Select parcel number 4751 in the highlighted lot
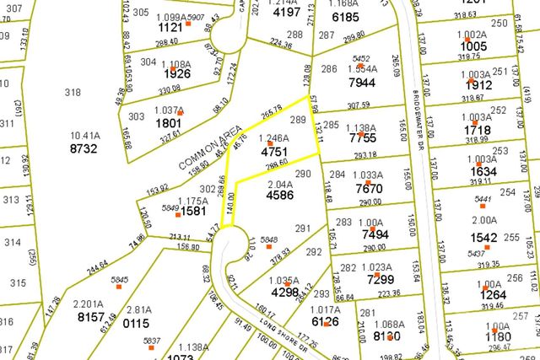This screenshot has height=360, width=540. pyautogui.click(x=275, y=153)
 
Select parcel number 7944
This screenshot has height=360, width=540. pyautogui.click(x=361, y=83)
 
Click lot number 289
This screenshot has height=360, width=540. pyautogui.click(x=297, y=121)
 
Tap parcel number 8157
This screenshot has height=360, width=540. pyautogui.click(x=90, y=317)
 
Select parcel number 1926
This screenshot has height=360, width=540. pyautogui.click(x=178, y=73)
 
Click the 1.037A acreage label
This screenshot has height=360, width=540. pyautogui.click(x=169, y=110)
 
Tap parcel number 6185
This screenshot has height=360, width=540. pyautogui.click(x=346, y=16)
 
